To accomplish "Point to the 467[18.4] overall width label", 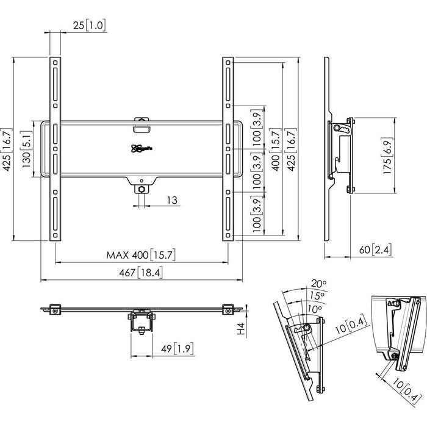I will pyautogui.click(x=142, y=273).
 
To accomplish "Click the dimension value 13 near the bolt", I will pyautogui.click(x=172, y=200).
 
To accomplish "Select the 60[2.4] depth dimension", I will pyautogui.click(x=376, y=249).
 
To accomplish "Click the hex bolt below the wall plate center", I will pyautogui.click(x=141, y=190).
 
